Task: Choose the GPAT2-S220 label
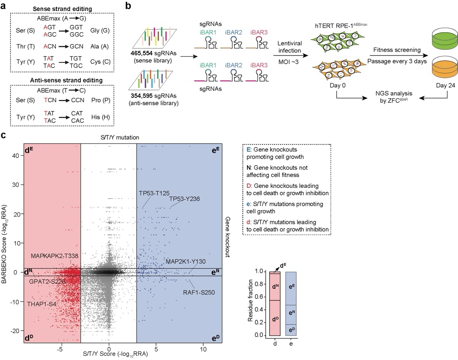point(48,281)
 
